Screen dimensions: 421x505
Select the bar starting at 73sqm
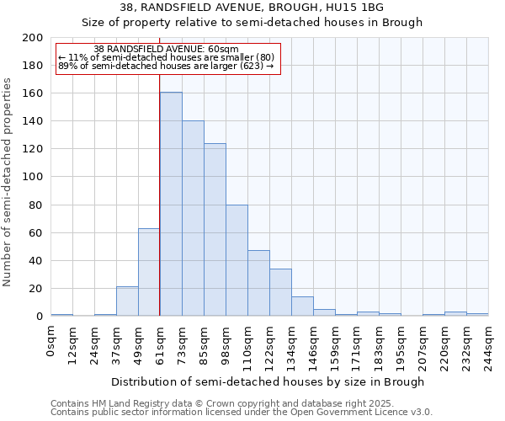point(193,218)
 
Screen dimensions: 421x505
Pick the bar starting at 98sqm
point(237,260)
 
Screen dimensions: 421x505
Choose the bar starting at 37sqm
point(127,301)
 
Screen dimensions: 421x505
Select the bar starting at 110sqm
point(258,283)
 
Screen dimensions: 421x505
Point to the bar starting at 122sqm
point(280,292)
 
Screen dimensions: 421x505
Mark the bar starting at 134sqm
point(302,306)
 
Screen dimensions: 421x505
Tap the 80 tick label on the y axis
point(36,205)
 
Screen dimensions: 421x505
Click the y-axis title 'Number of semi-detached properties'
point(8,182)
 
